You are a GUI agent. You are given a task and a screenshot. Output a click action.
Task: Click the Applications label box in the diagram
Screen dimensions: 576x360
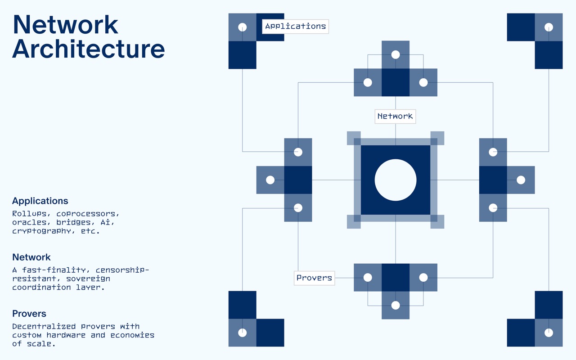(x=295, y=27)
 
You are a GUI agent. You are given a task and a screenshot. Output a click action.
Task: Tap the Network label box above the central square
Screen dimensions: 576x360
(x=395, y=117)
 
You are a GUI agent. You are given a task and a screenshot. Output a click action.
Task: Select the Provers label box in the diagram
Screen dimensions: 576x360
(x=314, y=278)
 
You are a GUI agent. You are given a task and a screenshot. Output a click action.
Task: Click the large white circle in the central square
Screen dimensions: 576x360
(x=396, y=180)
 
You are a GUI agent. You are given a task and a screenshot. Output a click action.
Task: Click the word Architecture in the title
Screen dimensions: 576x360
(x=89, y=49)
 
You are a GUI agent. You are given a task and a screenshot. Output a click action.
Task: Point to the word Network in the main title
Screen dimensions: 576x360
(x=65, y=25)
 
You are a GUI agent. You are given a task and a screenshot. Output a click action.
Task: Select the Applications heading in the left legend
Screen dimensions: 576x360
(x=40, y=201)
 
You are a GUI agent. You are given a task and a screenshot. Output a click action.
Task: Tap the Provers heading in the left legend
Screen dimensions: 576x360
(x=29, y=314)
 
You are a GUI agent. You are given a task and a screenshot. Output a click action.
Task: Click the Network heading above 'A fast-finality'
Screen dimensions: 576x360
(x=31, y=257)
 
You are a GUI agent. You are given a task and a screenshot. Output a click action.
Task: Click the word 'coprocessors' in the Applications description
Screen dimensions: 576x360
(x=88, y=214)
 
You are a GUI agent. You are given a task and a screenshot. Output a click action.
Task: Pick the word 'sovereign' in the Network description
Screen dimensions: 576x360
(x=88, y=279)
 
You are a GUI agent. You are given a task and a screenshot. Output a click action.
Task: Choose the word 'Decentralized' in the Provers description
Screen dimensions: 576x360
(x=44, y=327)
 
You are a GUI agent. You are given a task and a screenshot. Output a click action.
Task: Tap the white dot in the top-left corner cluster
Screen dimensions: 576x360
(x=242, y=27)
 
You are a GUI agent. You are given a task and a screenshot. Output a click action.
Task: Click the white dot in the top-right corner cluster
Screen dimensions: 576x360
(x=549, y=27)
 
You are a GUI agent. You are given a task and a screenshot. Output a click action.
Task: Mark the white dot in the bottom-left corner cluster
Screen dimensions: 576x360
(x=242, y=333)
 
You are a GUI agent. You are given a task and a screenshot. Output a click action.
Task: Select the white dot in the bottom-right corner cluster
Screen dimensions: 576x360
(x=549, y=333)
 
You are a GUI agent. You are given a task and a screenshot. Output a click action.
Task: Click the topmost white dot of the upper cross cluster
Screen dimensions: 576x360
(x=396, y=55)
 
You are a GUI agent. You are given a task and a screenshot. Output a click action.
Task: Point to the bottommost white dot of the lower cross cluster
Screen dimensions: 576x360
(x=396, y=305)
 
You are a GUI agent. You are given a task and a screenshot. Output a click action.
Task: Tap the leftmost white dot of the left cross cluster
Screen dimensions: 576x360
(x=270, y=180)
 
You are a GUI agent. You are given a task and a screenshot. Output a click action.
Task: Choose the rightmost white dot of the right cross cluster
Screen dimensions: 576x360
(x=521, y=180)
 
